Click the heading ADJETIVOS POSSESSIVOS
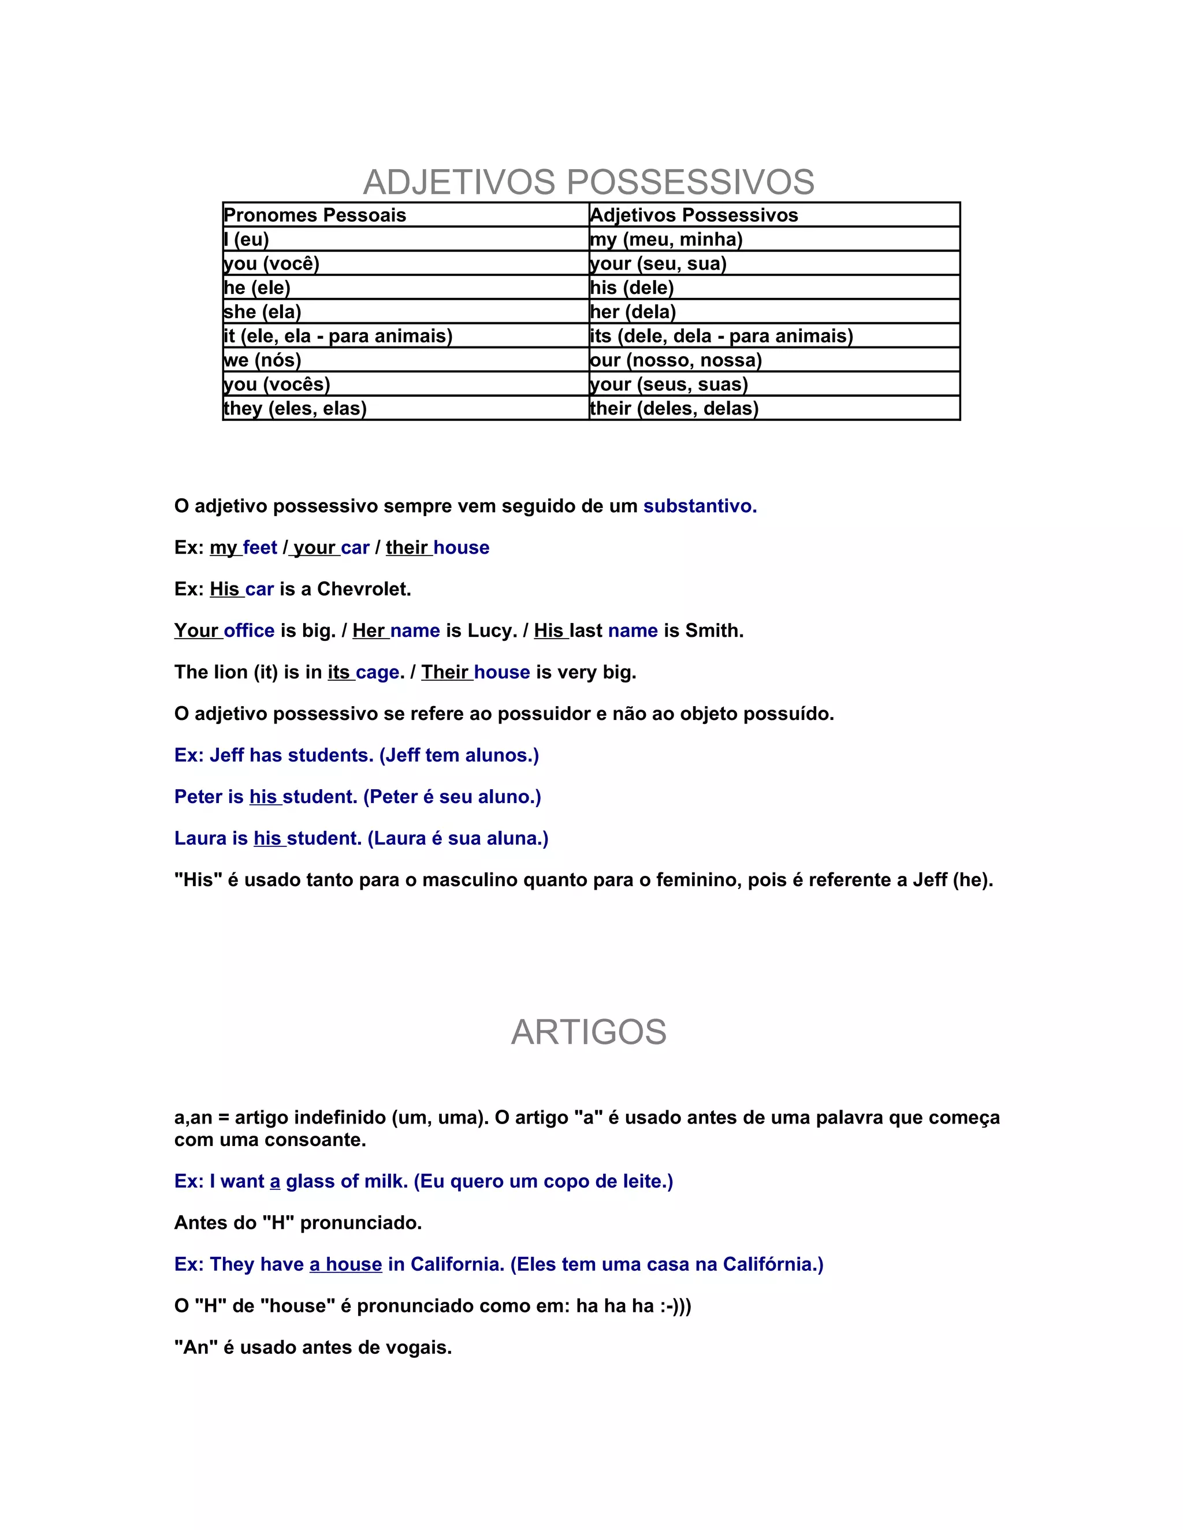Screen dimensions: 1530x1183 tap(589, 182)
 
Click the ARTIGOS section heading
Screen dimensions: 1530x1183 tap(589, 1032)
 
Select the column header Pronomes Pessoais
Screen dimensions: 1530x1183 tap(315, 215)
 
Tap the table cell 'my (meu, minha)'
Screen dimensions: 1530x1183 tap(667, 240)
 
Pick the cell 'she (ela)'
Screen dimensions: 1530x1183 tap(262, 312)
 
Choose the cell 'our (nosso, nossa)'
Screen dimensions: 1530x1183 tap(676, 360)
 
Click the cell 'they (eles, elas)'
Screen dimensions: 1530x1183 tap(295, 408)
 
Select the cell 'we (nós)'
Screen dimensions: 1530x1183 tap(262, 360)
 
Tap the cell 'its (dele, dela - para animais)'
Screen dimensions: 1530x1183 tap(721, 336)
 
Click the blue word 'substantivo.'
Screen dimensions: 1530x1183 tap(700, 506)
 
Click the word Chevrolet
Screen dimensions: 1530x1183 tap(364, 589)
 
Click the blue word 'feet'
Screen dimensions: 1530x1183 tap(260, 548)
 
